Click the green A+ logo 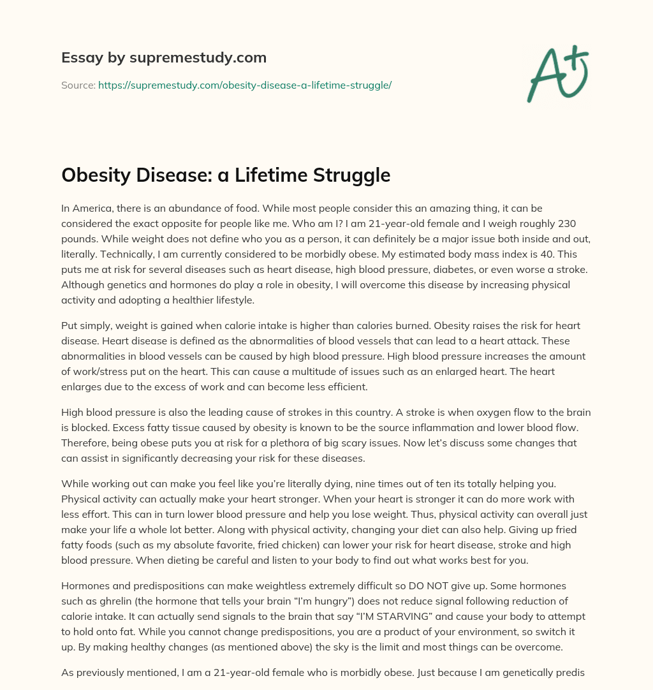tap(557, 73)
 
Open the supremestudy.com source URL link tap(245, 85)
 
